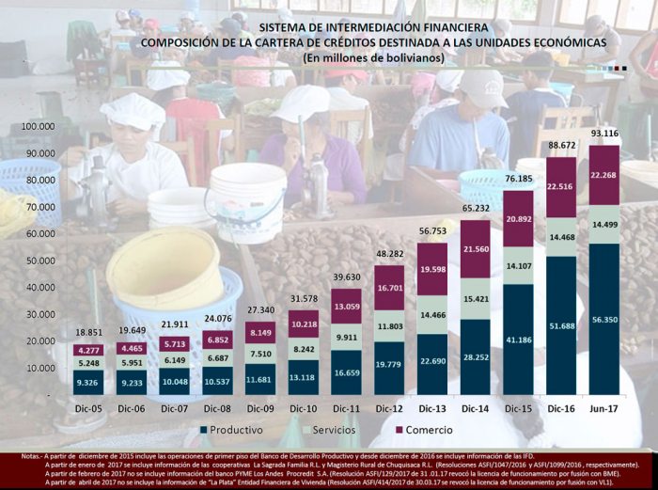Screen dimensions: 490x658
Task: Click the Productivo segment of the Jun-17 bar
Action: pos(604,320)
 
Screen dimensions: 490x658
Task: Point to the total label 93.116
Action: pos(604,133)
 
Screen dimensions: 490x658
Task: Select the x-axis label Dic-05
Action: pos(88,410)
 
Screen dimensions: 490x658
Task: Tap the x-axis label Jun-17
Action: pos(604,410)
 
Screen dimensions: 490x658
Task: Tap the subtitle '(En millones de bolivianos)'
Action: pos(374,58)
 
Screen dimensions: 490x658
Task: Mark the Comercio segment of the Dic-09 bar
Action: pos(260,332)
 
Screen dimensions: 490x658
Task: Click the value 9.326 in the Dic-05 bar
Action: pos(88,382)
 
